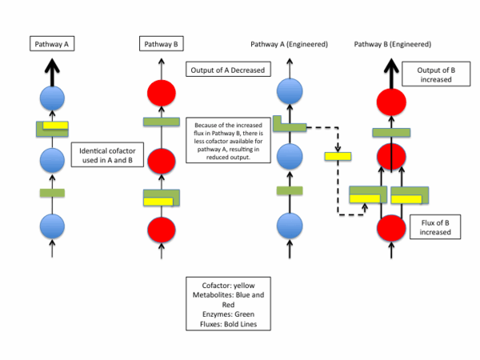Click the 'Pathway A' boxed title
(52, 44)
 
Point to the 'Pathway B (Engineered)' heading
(393, 44)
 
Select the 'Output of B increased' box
(432, 75)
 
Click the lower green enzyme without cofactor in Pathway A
(52, 193)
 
